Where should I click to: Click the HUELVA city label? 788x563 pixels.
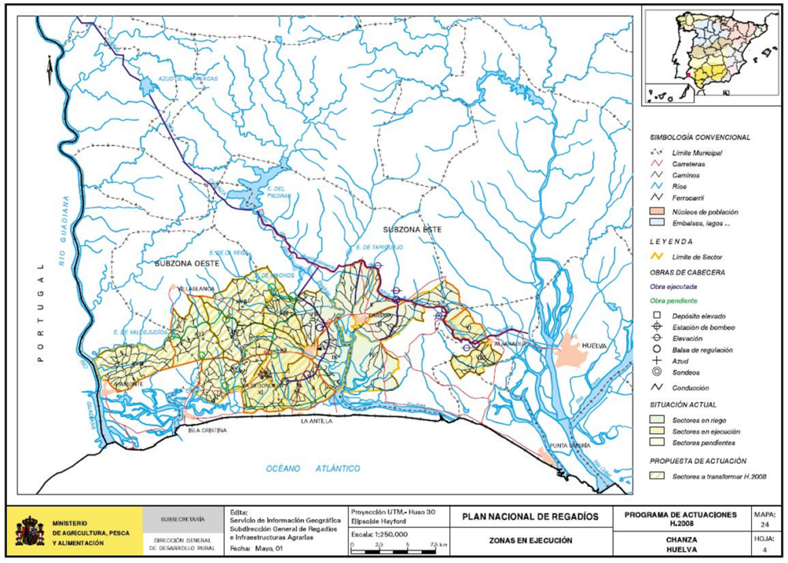click(x=593, y=346)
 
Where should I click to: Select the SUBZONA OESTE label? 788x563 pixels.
click(x=187, y=264)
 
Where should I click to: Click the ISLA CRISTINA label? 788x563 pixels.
click(x=207, y=431)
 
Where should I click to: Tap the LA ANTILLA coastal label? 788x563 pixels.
click(x=318, y=422)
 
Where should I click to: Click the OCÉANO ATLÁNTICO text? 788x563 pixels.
click(x=313, y=468)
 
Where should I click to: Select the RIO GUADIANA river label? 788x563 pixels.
click(x=65, y=230)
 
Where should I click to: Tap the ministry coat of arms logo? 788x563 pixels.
click(x=30, y=531)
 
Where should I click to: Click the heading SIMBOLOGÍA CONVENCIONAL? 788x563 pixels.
click(x=700, y=137)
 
